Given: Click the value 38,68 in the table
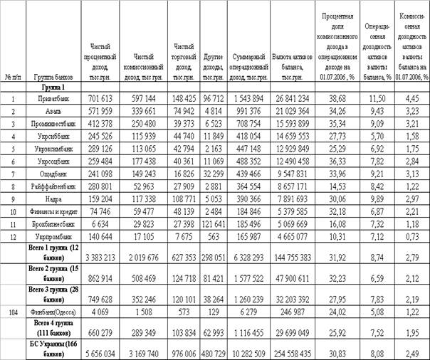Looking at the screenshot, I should click(332, 96).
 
